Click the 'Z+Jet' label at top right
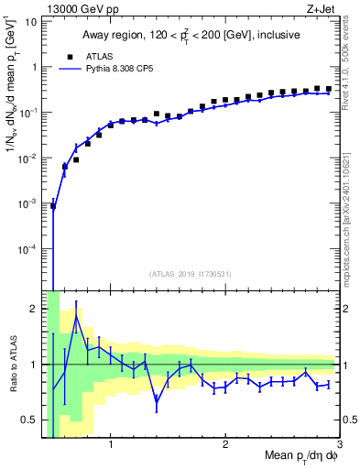(323, 8)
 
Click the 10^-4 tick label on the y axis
(25, 248)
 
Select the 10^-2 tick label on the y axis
(25, 158)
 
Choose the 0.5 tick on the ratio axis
(27, 420)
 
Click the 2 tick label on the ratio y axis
(33, 309)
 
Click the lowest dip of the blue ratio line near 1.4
(157, 400)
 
